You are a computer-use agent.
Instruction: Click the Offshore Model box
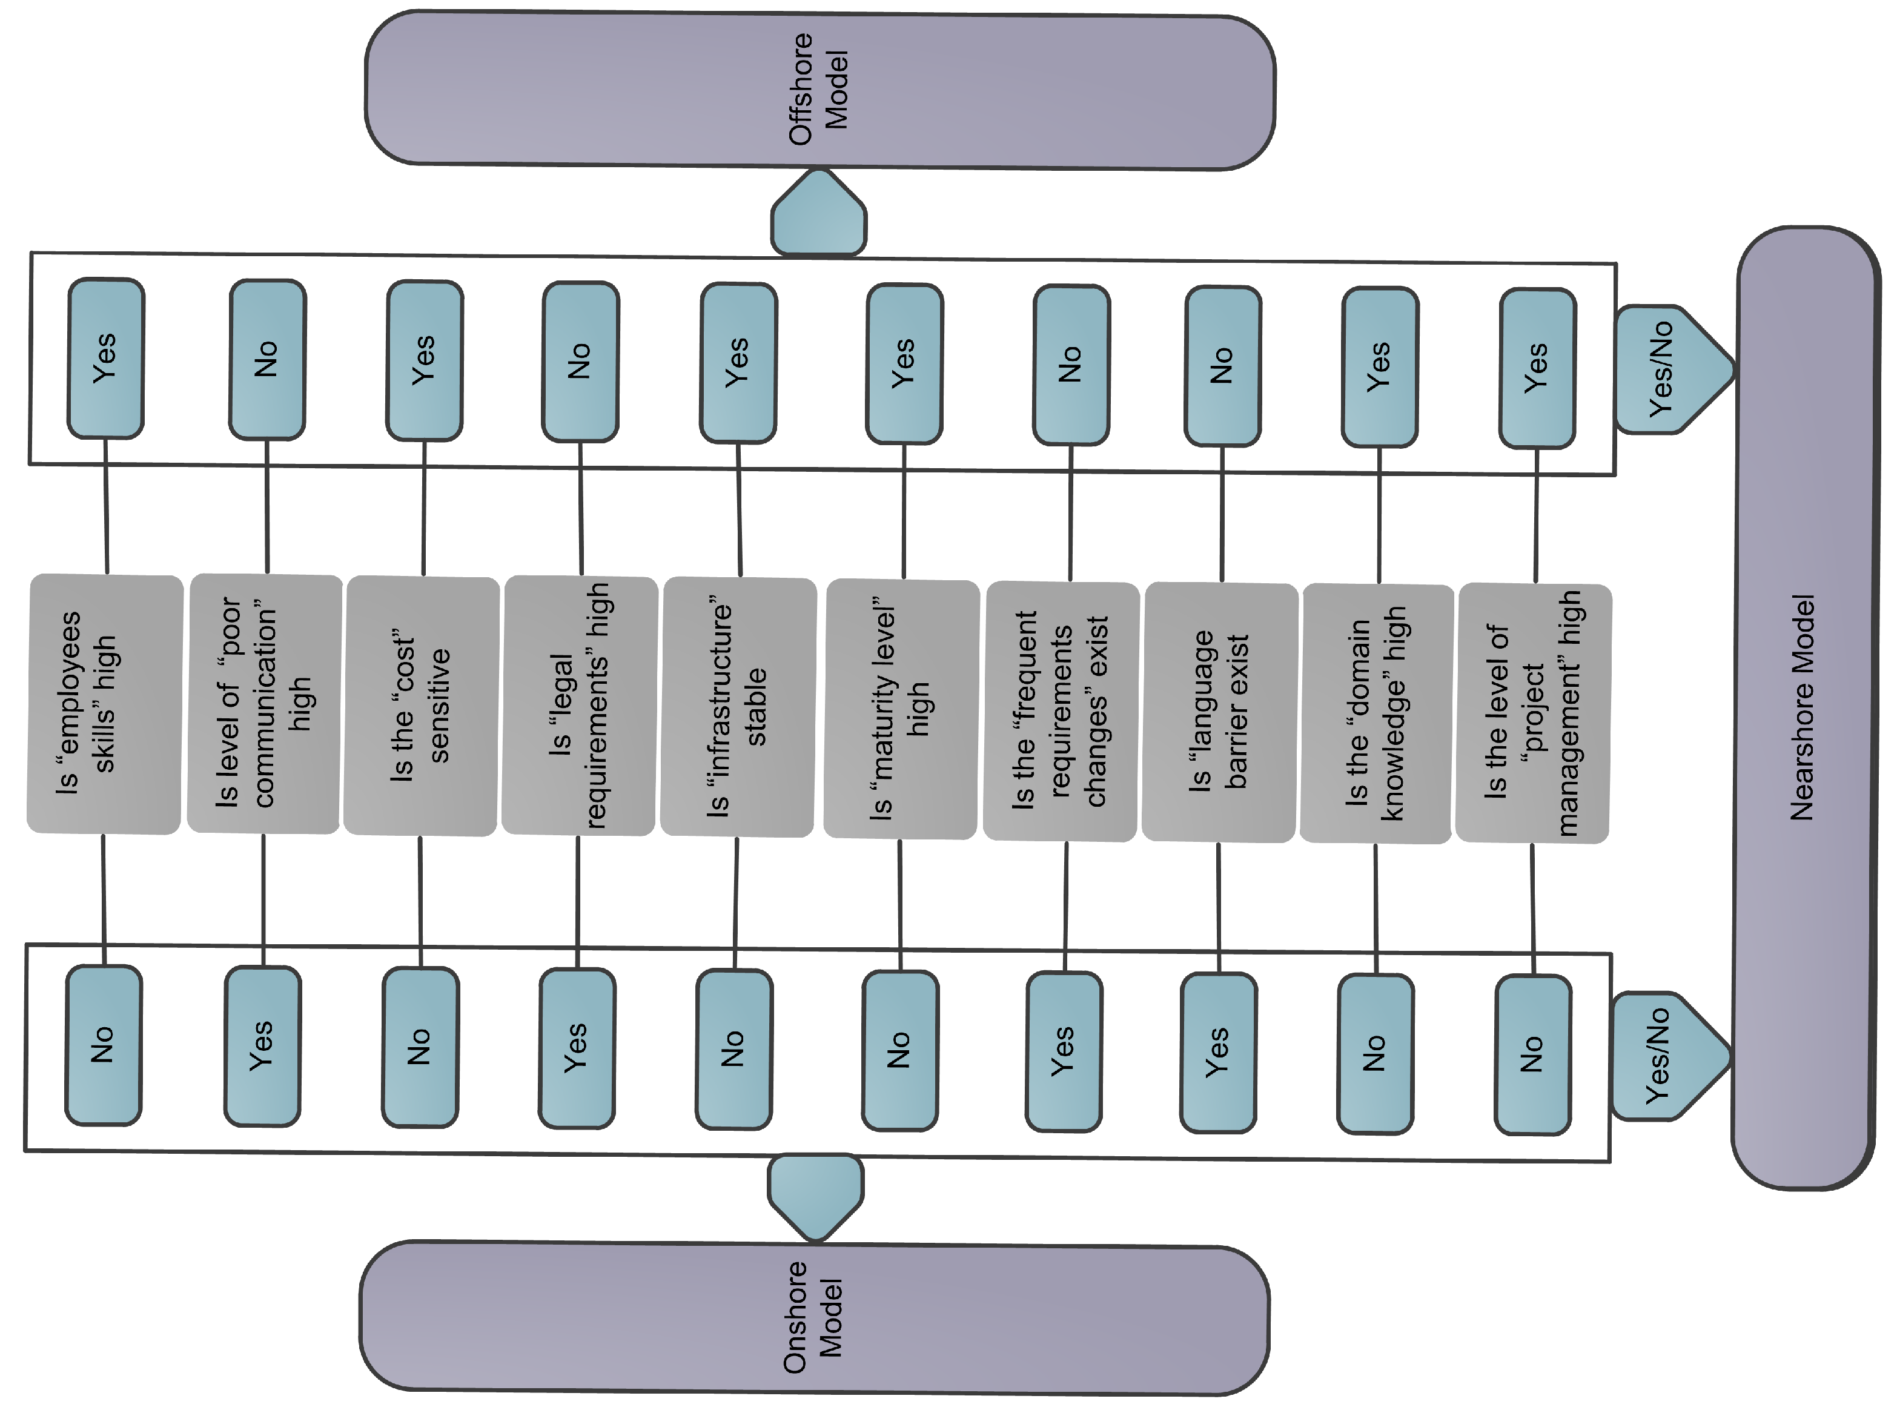click(x=819, y=90)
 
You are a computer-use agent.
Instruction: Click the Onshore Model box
click(x=814, y=1318)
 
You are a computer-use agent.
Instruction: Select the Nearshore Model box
click(x=1804, y=708)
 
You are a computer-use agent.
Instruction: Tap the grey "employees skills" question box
click(x=105, y=704)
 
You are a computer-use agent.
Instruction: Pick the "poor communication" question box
click(x=264, y=704)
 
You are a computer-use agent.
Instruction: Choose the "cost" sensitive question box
click(x=421, y=706)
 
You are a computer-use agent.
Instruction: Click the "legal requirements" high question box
click(x=579, y=706)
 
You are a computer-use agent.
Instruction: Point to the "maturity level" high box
click(x=901, y=709)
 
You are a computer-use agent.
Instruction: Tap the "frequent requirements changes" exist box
click(x=1061, y=711)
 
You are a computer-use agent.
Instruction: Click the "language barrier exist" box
click(x=1220, y=712)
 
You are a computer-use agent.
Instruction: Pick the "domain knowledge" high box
click(x=1376, y=713)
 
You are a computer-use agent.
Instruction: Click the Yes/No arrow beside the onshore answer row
click(x=1664, y=1056)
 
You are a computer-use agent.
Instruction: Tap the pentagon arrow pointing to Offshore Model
click(x=818, y=216)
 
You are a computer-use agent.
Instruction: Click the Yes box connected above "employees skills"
click(x=105, y=357)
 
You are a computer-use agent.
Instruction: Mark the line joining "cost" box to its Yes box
click(x=423, y=509)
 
